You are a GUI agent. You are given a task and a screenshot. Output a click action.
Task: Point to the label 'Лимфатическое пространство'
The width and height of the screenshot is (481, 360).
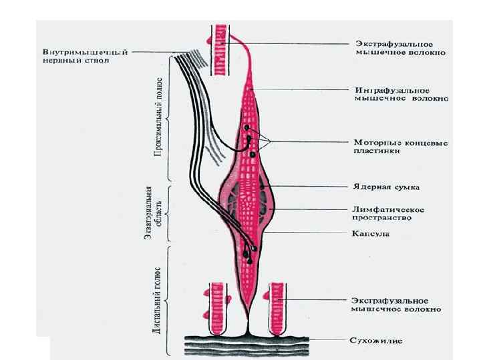coord(387,213)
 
